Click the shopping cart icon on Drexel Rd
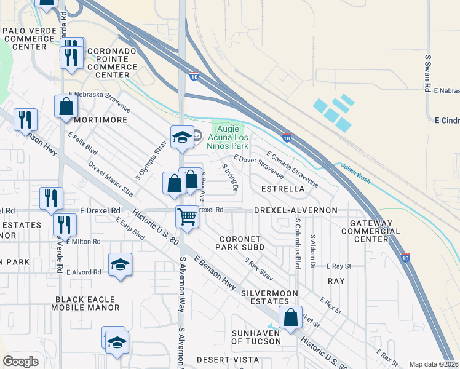[186, 216]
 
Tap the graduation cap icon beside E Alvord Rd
[120, 265]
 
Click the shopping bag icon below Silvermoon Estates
[290, 317]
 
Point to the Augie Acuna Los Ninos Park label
[231, 136]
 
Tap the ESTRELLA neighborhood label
[283, 189]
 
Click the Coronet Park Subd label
[240, 243]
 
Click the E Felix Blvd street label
[83, 144]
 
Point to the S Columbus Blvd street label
[297, 243]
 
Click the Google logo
[20, 361]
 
